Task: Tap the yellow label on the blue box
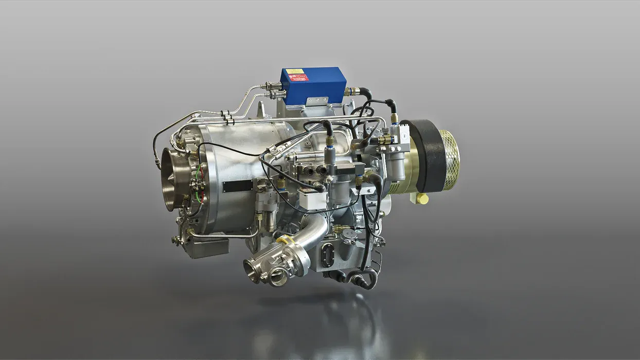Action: coord(295,71)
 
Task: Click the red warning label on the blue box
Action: coord(298,78)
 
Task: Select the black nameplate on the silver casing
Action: coord(237,186)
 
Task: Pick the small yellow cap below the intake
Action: coord(422,199)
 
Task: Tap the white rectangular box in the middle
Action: coord(312,199)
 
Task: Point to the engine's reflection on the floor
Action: coord(329,324)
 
